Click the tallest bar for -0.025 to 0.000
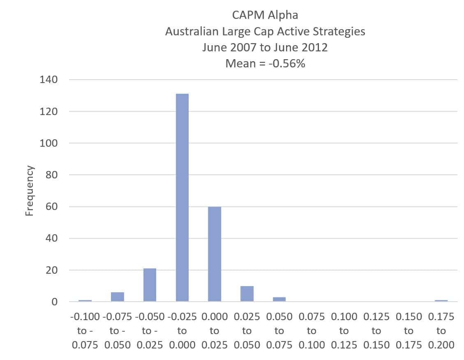[182, 197]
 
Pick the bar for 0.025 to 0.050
[247, 293]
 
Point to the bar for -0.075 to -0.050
[118, 297]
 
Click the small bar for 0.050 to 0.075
[279, 299]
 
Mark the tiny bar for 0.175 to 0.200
[441, 301]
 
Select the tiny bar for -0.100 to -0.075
[85, 301]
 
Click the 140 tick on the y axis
[48, 80]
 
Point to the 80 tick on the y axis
[51, 175]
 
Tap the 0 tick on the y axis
[54, 302]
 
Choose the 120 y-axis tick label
[48, 111]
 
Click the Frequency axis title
[29, 190]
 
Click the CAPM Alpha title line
[265, 15]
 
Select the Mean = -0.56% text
[265, 63]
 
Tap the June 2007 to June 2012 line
[265, 47]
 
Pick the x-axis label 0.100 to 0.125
[344, 331]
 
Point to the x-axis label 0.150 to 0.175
[409, 331]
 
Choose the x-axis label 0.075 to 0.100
[312, 331]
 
